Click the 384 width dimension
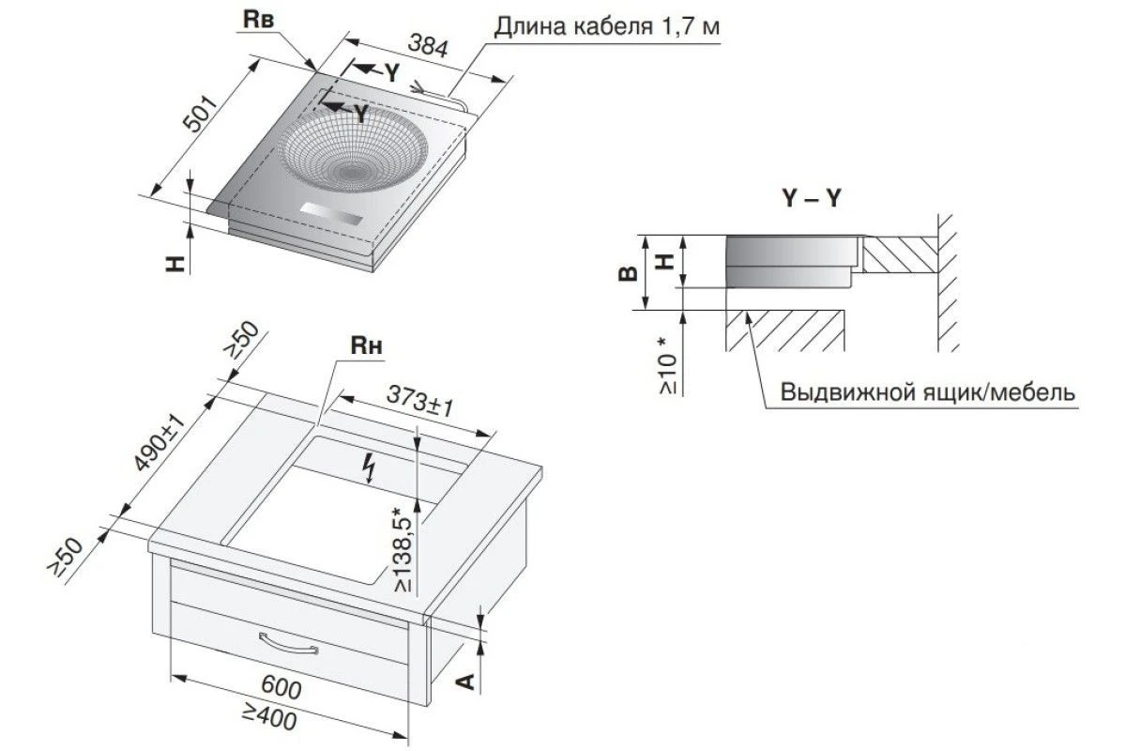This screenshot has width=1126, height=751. click(427, 46)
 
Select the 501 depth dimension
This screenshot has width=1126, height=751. click(201, 114)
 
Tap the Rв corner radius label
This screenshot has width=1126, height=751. click(258, 20)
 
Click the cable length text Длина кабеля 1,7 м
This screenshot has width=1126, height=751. click(607, 26)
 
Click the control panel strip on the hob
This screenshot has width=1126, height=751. click(330, 215)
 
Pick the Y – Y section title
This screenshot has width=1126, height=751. click(812, 198)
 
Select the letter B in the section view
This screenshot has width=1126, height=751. click(628, 273)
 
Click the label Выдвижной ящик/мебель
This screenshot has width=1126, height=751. click(928, 392)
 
